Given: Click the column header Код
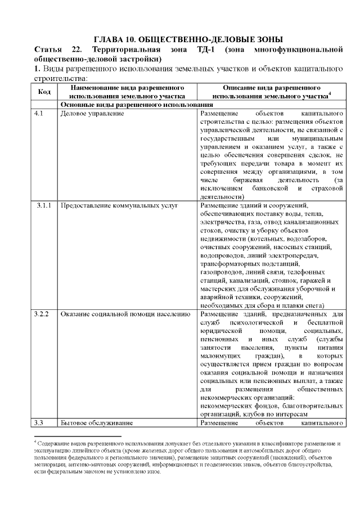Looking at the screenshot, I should pos(44,92).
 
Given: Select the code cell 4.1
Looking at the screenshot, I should pos(38,113).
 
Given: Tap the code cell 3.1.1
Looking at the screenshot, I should pos(44,205).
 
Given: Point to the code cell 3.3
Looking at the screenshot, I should pos(38,421).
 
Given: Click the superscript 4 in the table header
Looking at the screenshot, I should pos(330,94).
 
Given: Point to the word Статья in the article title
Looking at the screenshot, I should pos(48,49).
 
